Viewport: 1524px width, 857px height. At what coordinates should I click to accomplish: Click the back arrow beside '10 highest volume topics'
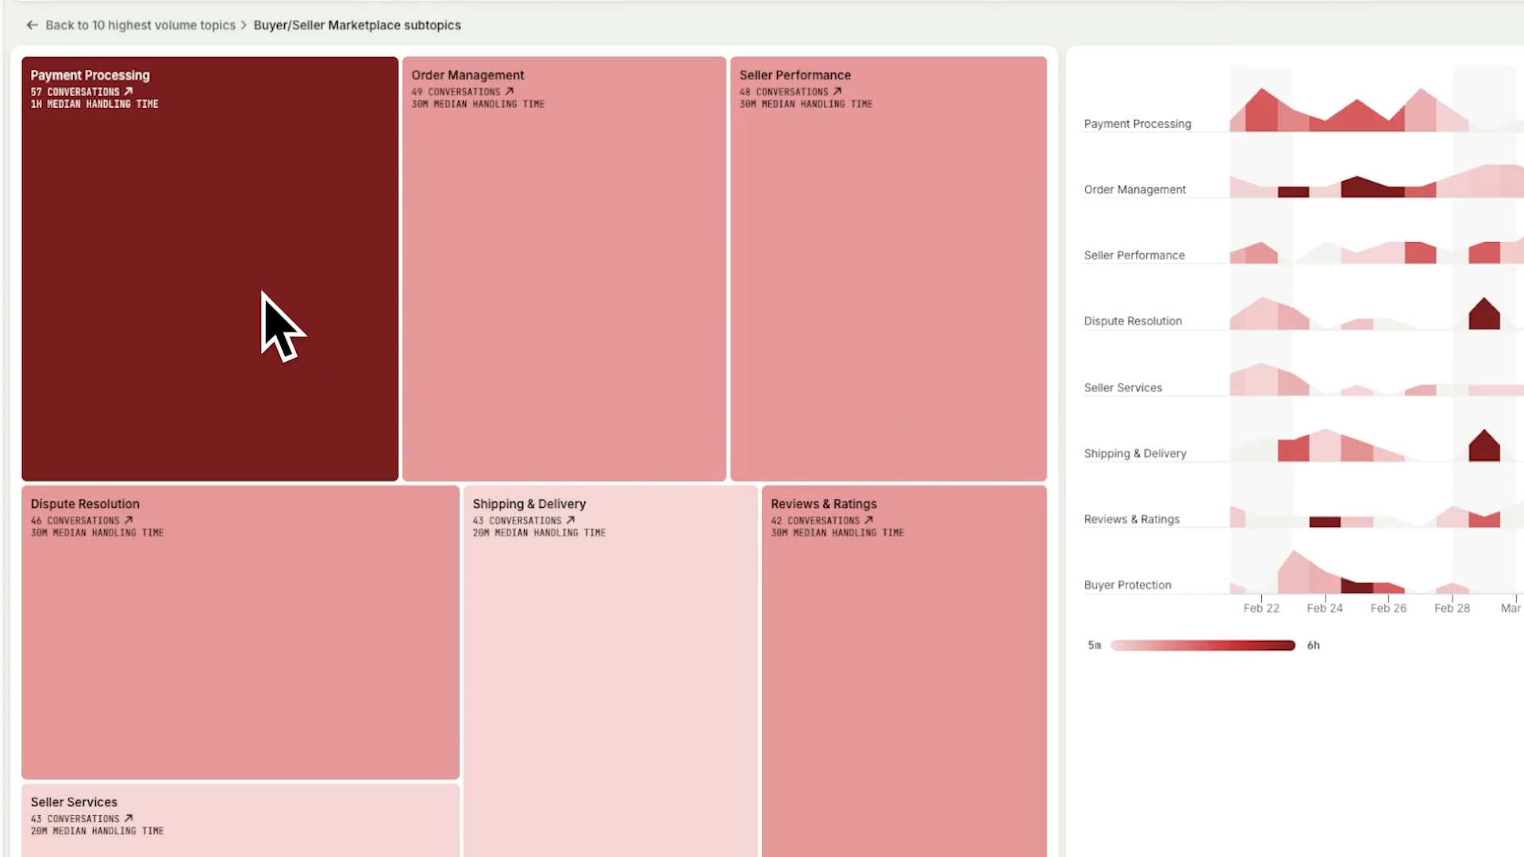pyautogui.click(x=32, y=25)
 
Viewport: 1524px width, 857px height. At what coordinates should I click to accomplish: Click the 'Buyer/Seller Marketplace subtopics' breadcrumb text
pyautogui.click(x=357, y=25)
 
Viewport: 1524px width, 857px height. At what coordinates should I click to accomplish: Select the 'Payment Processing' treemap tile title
pyautogui.click(x=90, y=75)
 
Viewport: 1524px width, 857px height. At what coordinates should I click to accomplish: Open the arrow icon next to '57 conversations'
pyautogui.click(x=129, y=91)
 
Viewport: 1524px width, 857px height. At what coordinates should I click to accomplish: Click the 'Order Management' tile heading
pyautogui.click(x=468, y=75)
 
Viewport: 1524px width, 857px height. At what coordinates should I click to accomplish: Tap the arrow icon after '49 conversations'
pyautogui.click(x=510, y=91)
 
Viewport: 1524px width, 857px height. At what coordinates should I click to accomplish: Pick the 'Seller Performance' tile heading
pyautogui.click(x=795, y=75)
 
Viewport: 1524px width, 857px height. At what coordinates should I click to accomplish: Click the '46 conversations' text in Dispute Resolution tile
pyautogui.click(x=75, y=521)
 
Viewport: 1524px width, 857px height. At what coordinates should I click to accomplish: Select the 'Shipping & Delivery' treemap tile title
pyautogui.click(x=529, y=504)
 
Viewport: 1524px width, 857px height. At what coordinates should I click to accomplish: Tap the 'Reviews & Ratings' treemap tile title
pyautogui.click(x=823, y=504)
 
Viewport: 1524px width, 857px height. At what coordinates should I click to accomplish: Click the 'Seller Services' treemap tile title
pyautogui.click(x=74, y=802)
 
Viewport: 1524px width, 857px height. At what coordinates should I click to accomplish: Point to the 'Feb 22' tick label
pyautogui.click(x=1261, y=608)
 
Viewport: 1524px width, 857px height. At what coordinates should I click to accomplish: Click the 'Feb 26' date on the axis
pyautogui.click(x=1388, y=608)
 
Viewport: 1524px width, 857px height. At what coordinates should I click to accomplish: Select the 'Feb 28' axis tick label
pyautogui.click(x=1452, y=608)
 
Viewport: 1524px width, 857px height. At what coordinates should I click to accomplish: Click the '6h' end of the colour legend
pyautogui.click(x=1314, y=645)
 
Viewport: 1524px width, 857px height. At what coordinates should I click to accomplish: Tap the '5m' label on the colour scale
pyautogui.click(x=1095, y=645)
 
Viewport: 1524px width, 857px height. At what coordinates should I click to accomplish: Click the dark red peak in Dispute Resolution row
pyautogui.click(x=1484, y=314)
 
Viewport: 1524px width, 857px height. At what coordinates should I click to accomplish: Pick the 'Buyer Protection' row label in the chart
pyautogui.click(x=1127, y=585)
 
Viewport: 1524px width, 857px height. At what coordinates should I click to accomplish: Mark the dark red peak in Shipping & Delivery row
pyautogui.click(x=1484, y=447)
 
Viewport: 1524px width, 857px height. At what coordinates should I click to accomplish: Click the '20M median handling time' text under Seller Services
pyautogui.click(x=97, y=831)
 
